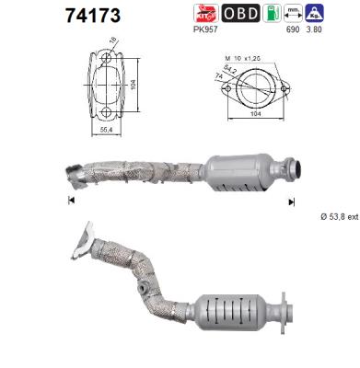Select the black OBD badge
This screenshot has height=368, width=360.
coord(240,13)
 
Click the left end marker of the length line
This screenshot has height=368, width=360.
coord(70,200)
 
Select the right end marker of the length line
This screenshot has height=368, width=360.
coord(293,200)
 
